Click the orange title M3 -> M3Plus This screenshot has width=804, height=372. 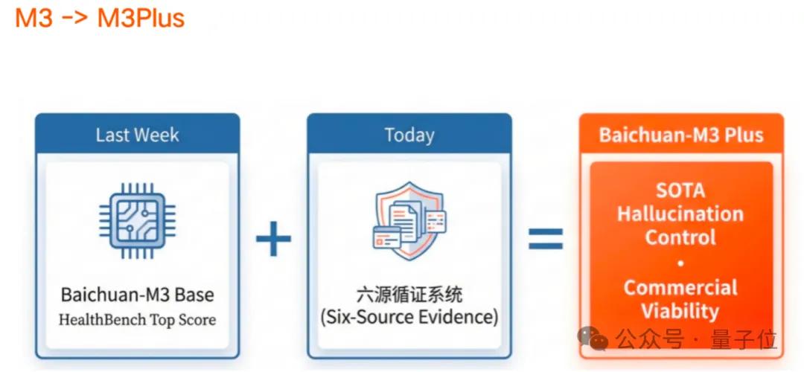[x=100, y=19]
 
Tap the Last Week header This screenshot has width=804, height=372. [x=138, y=135]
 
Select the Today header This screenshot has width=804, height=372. [x=409, y=135]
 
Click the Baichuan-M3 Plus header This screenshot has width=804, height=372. [x=681, y=135]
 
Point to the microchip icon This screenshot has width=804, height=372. [x=138, y=221]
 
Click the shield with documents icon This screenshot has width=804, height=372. [x=409, y=221]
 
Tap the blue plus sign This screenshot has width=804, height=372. [x=273, y=238]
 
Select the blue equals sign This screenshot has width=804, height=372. [x=546, y=238]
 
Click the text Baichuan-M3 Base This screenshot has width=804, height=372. [x=138, y=295]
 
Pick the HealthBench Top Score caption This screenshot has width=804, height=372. [x=138, y=320]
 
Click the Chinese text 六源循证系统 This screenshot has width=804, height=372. [x=409, y=295]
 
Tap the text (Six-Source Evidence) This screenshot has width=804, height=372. [x=409, y=318]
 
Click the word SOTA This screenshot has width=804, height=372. [x=680, y=190]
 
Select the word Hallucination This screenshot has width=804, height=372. [x=680, y=214]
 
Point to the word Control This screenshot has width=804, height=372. [x=680, y=237]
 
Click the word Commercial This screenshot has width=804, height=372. [x=680, y=287]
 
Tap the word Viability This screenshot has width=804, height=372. [x=680, y=311]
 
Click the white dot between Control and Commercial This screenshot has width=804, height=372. [x=680, y=263]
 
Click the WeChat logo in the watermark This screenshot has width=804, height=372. [x=593, y=339]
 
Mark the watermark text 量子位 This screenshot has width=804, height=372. [x=744, y=339]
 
